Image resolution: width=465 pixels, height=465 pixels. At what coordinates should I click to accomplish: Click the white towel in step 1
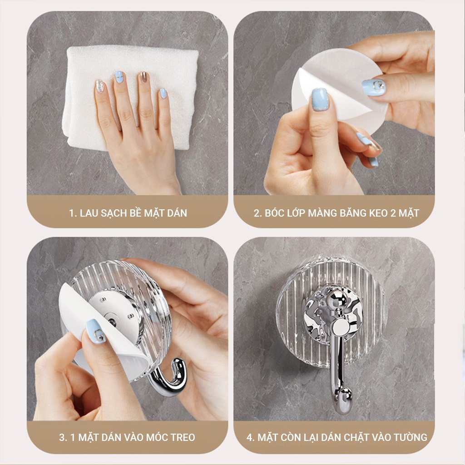[x=130, y=98]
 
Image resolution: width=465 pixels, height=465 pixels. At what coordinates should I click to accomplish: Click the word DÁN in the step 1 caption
[x=177, y=213]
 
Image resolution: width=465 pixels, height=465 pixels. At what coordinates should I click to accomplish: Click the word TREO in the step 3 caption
[x=183, y=437]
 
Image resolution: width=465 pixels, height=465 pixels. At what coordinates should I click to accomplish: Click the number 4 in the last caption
[x=249, y=437]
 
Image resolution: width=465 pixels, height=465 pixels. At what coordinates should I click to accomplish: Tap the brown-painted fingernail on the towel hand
[x=144, y=77]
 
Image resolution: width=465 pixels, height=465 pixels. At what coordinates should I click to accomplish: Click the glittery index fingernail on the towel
[x=99, y=86]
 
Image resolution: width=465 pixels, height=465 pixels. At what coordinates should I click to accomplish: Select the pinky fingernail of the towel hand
[x=163, y=93]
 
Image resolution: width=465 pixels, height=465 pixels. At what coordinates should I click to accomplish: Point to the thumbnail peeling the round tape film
[x=320, y=99]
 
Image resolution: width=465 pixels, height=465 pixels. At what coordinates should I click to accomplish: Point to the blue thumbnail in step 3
[x=95, y=331]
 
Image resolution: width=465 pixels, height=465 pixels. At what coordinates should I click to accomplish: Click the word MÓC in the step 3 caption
[x=158, y=437]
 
